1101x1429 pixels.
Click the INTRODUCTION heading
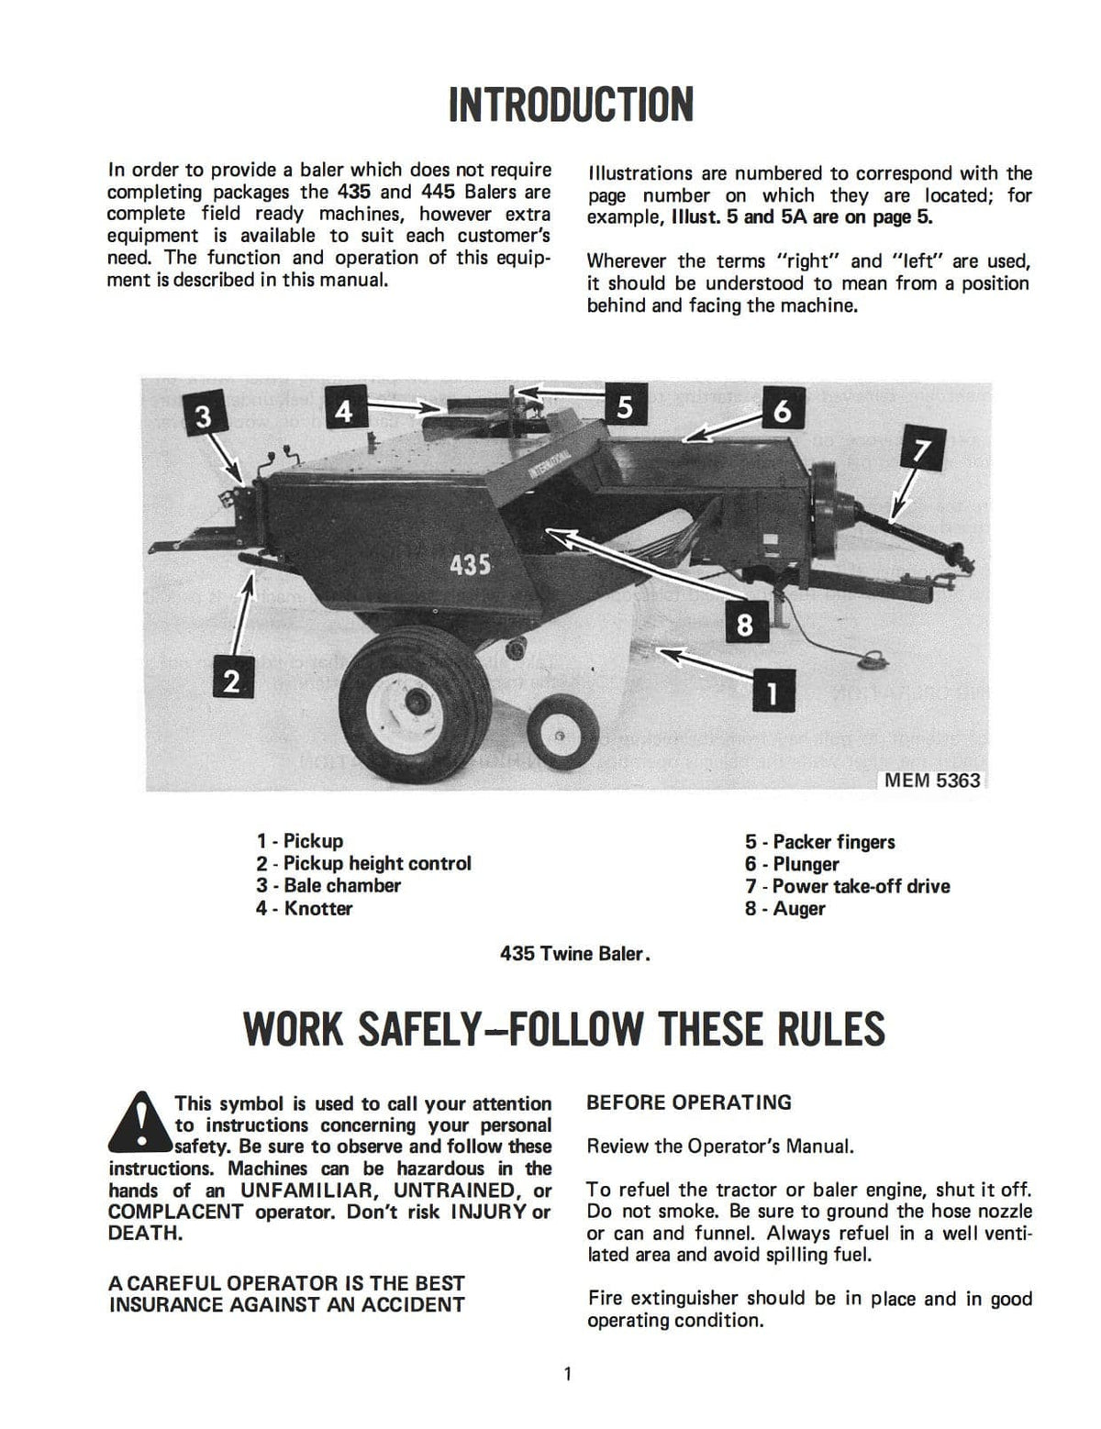570,105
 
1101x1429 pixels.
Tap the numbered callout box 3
203,415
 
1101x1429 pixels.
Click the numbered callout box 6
782,410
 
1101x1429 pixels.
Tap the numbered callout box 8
744,626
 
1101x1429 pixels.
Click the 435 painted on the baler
470,564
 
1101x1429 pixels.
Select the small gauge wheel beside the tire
557,735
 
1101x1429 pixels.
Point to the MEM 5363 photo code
932,781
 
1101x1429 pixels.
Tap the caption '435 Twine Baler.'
575,954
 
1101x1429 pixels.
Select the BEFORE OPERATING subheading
688,1102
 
